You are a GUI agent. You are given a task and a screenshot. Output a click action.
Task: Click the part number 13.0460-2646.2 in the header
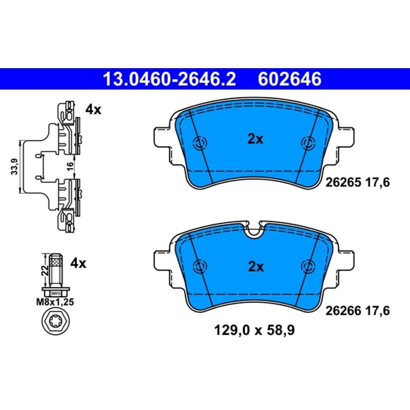tap(170, 79)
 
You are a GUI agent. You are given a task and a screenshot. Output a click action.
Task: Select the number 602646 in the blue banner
tap(290, 79)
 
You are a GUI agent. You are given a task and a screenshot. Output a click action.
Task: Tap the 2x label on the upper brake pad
tap(255, 139)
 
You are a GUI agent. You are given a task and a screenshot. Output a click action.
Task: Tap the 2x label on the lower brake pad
tap(255, 266)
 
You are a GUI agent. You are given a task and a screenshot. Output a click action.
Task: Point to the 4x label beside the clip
tap(93, 110)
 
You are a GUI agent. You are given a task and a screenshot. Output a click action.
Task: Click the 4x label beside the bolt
tap(78, 263)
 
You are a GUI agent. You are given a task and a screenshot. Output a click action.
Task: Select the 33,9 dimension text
tap(15, 167)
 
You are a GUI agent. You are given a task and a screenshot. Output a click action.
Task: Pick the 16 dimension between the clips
tap(70, 166)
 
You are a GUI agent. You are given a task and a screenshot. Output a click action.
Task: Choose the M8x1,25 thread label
tap(55, 302)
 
